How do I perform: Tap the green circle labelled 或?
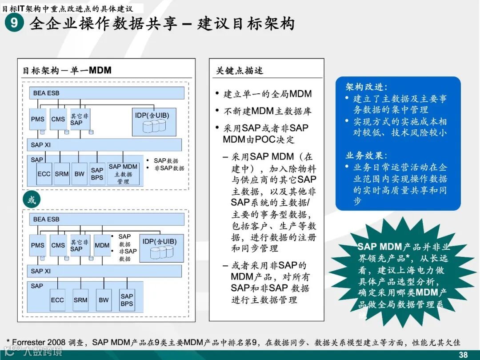point(32,200)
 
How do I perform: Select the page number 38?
point(463,354)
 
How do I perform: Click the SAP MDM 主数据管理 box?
point(123,174)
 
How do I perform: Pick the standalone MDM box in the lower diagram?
point(102,245)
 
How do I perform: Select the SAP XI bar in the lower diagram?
point(105,271)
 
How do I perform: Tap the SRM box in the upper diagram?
point(62,174)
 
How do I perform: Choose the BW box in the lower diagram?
point(104,300)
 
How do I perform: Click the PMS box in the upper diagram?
point(38,119)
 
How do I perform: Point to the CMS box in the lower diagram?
point(58,245)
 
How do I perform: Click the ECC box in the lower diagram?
point(57,300)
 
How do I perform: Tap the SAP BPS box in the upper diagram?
point(97,174)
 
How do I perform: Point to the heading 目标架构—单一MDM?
point(67,70)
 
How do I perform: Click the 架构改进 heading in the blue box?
point(366,87)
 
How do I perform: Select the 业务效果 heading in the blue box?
point(366,156)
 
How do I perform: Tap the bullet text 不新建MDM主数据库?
point(267,111)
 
